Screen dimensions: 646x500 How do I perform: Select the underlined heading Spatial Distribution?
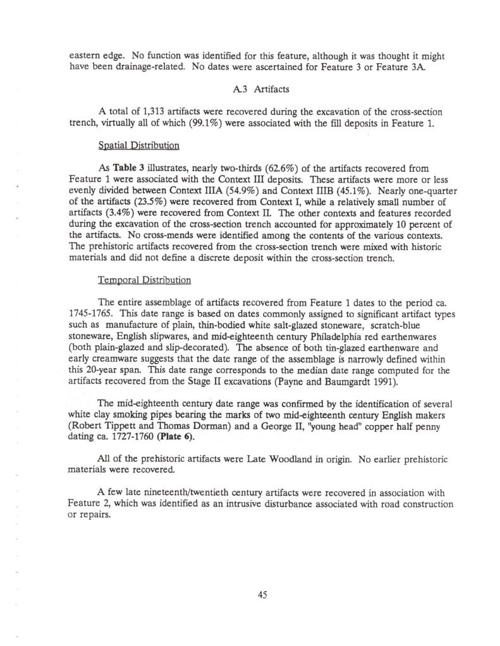(x=138, y=146)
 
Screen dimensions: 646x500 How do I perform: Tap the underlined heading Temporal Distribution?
(x=145, y=279)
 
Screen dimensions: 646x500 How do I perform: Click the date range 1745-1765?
(x=86, y=313)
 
